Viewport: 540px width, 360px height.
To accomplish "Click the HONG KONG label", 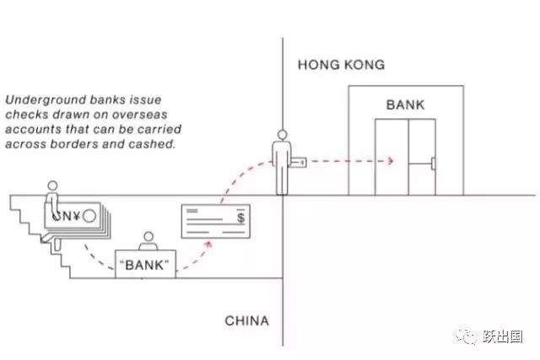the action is tap(341, 65).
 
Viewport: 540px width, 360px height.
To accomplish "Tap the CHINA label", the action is tap(246, 320).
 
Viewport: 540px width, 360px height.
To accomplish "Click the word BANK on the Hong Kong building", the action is tap(405, 105).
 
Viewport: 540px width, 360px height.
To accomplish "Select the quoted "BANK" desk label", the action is tap(144, 265).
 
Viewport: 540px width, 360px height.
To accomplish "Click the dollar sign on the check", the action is tap(240, 218).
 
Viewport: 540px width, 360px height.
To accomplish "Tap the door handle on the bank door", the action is tap(433, 164).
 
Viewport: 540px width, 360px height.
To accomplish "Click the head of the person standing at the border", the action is tap(282, 135).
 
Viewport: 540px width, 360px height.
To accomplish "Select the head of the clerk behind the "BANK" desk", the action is tap(148, 237).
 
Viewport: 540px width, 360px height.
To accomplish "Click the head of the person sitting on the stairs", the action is tap(52, 185).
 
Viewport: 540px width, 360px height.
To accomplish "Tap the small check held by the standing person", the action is tap(298, 162).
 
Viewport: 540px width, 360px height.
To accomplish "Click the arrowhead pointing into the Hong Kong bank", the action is tap(391, 161).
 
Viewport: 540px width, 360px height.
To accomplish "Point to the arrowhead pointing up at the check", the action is tap(208, 244).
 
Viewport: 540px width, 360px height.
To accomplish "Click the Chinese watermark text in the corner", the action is tap(503, 336).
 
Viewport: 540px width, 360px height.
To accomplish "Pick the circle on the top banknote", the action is tap(89, 216).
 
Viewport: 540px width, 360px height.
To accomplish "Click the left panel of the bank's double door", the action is tap(391, 158).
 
